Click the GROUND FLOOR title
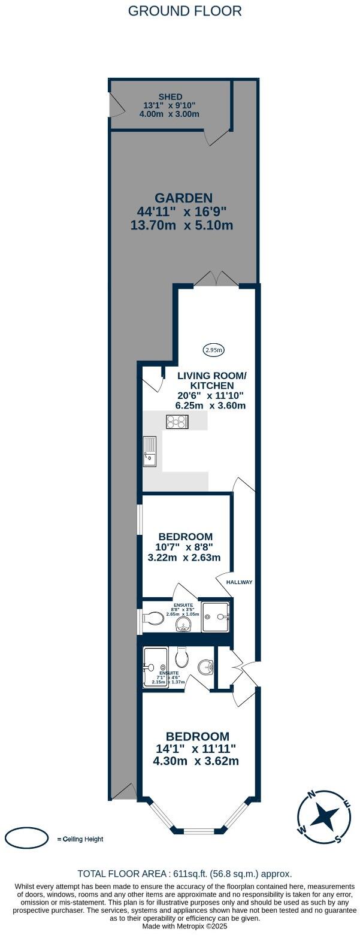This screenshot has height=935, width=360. pos(185,11)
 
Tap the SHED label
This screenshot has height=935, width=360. pos(171,97)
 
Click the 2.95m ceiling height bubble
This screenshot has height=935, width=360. pos(214,350)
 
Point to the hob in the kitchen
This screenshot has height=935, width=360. pos(177,422)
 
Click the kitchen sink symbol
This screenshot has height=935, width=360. pos(149,451)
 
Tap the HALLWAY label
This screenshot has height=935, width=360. pos(240,582)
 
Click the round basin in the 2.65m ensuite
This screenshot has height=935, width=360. pos(183,625)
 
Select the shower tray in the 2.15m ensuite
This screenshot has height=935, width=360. pos(155,667)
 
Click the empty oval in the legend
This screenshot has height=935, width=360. pos(27,838)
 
